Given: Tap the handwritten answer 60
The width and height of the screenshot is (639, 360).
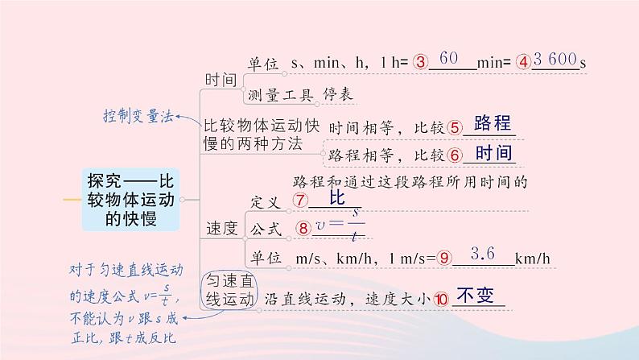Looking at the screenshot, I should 451,59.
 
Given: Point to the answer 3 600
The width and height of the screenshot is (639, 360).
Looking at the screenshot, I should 554,60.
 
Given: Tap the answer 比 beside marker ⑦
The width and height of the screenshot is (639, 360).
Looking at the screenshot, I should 337,197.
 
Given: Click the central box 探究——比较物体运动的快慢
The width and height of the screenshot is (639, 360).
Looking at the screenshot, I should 132,198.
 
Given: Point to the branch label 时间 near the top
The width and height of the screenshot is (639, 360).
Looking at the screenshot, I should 221,80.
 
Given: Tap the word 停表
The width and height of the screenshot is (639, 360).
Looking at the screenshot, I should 337,94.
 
